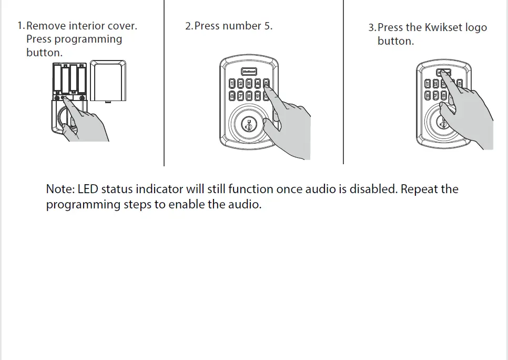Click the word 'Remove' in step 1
tap(46, 26)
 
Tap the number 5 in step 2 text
tap(268, 26)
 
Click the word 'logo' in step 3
tap(476, 27)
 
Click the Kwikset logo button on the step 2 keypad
tap(248, 71)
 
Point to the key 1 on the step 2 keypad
tap(232, 83)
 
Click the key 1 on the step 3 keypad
tap(428, 83)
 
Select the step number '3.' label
tap(372, 28)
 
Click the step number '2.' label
tap(189, 26)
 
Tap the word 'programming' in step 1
tap(88, 39)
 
